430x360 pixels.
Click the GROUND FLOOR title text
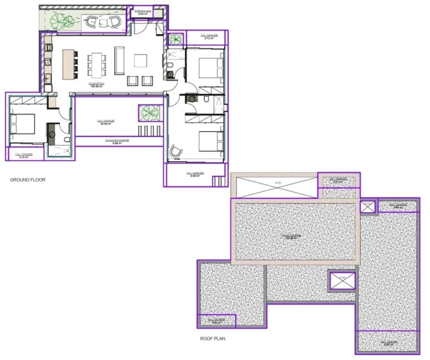[x=27, y=180]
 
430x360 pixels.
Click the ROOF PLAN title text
[x=213, y=339]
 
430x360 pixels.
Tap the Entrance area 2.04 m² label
[x=144, y=11]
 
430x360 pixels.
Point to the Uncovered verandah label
[x=117, y=142]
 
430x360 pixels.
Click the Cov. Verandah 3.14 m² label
[x=24, y=156]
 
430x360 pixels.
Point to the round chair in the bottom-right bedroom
[x=175, y=151]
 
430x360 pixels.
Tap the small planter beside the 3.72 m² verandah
[x=176, y=39]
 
